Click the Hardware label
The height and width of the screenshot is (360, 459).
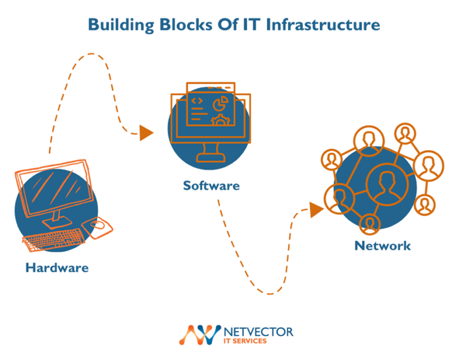pos(57,267)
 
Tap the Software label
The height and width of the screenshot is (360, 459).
pos(211,185)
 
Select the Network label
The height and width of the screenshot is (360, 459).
pos(382,246)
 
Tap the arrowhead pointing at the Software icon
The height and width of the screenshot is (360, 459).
pos(146,133)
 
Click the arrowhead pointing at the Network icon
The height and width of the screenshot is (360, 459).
pos(316,209)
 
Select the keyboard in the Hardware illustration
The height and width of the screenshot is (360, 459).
pos(53,239)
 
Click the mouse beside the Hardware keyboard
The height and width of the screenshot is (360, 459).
pos(99,225)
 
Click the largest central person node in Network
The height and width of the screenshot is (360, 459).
pos(382,182)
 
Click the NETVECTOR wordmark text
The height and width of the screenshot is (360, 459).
pos(258,331)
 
